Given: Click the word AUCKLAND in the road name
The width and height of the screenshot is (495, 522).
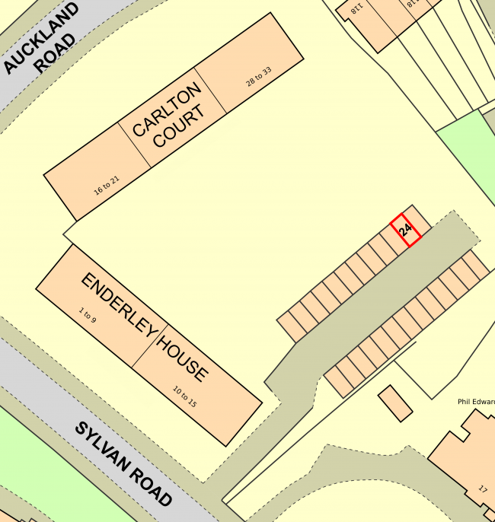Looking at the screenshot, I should pos(41,37).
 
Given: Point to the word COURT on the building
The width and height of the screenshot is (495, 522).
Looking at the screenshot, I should pos(179,126).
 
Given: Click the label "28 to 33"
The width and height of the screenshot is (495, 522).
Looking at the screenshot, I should pos(259,77).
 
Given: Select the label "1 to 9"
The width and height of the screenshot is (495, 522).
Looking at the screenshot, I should pos(88,314).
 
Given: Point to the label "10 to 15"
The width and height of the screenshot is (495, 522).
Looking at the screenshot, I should pos(184,397).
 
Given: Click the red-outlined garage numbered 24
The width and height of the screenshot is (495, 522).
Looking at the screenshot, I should pos(406,231).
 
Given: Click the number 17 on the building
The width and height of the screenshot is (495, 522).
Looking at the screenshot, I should pos(483,489).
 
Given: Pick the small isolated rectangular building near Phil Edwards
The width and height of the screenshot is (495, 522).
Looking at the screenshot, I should pos(395,403).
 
